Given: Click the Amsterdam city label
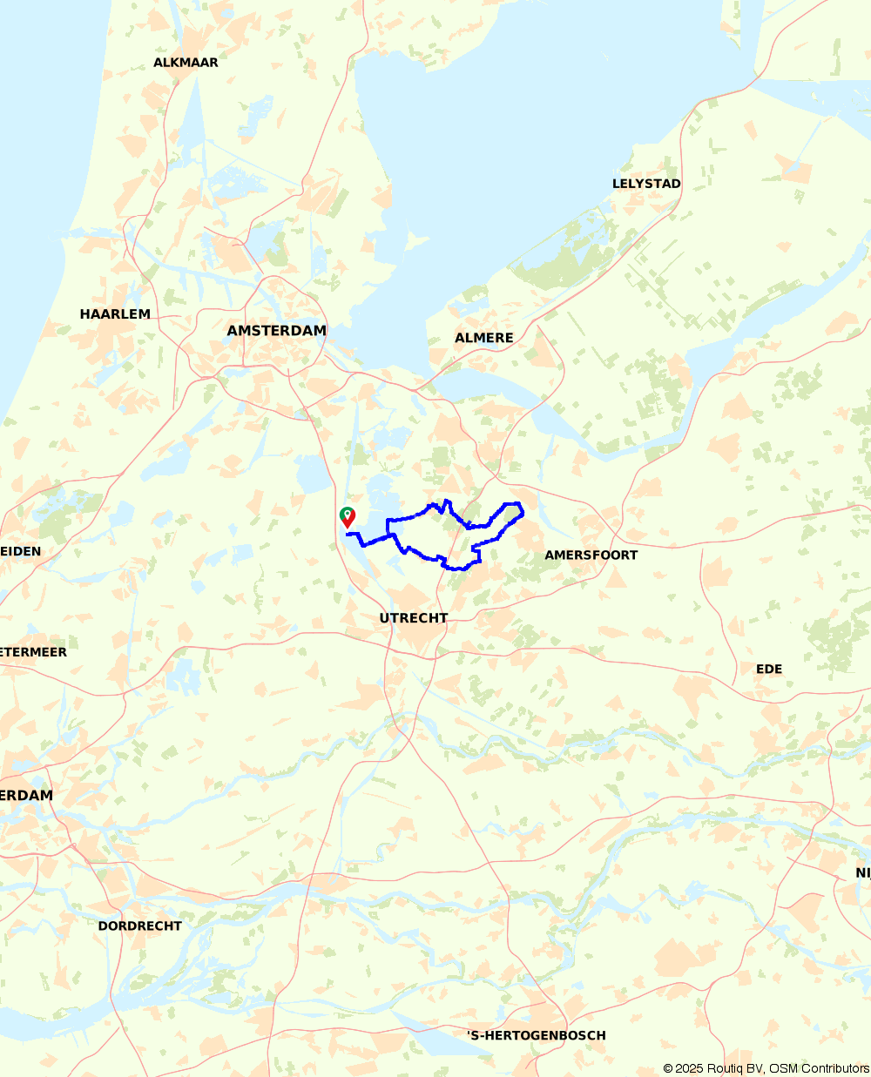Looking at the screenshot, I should point(276,331).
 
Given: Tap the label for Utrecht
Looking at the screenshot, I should point(414,618).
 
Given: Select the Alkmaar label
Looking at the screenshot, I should point(186,63).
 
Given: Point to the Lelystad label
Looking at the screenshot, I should point(646,184).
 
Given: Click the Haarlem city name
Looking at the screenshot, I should point(115,314).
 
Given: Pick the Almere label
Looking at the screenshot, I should point(484,338).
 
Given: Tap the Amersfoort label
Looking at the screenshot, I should point(591,555).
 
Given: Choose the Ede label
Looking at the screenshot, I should point(769,670).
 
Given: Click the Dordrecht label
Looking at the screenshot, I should point(139,926).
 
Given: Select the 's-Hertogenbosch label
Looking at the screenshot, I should point(537,1036).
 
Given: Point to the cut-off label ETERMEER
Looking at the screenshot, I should point(33,652).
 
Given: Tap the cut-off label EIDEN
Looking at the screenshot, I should point(20,551).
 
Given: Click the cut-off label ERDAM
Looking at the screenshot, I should point(26,796).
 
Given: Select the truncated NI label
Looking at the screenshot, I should point(862,873).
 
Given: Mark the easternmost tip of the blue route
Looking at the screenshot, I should point(523,513).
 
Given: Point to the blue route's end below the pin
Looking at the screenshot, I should point(347,534).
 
